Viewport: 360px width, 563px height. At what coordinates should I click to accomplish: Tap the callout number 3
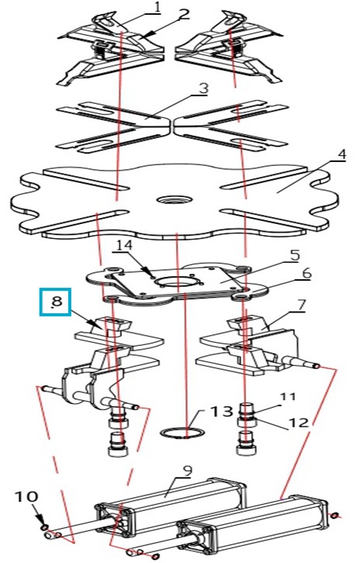203,88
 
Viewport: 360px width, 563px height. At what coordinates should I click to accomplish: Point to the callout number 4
341,155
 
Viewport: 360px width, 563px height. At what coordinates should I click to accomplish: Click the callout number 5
294,255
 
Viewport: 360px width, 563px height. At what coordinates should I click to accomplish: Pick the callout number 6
306,274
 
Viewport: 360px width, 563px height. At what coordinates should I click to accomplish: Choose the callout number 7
301,305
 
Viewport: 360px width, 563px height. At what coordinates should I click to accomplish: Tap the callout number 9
188,471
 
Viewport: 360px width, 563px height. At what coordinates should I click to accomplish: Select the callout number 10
26,496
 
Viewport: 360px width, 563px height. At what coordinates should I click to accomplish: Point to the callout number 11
287,396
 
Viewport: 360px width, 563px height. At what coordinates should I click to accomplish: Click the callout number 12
299,422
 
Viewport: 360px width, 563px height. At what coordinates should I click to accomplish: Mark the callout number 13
222,411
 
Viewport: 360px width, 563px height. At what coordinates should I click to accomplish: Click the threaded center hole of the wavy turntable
175,199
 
